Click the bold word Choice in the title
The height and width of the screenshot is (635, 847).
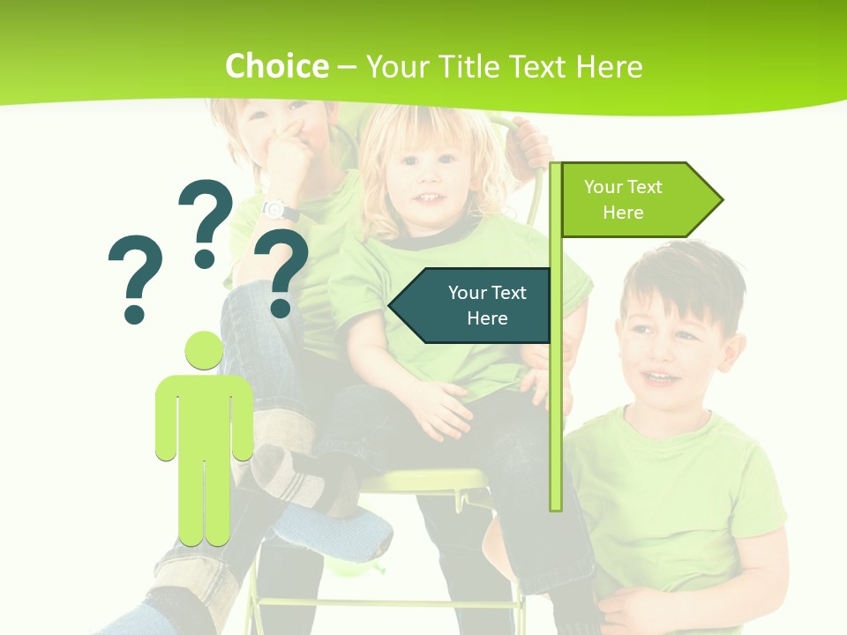[276, 66]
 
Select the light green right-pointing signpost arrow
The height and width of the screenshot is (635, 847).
[639, 199]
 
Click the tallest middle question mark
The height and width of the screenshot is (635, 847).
[206, 220]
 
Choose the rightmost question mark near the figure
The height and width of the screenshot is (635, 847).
[281, 271]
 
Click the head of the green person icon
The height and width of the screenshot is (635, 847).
[204, 352]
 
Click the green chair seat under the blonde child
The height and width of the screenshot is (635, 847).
[423, 482]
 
